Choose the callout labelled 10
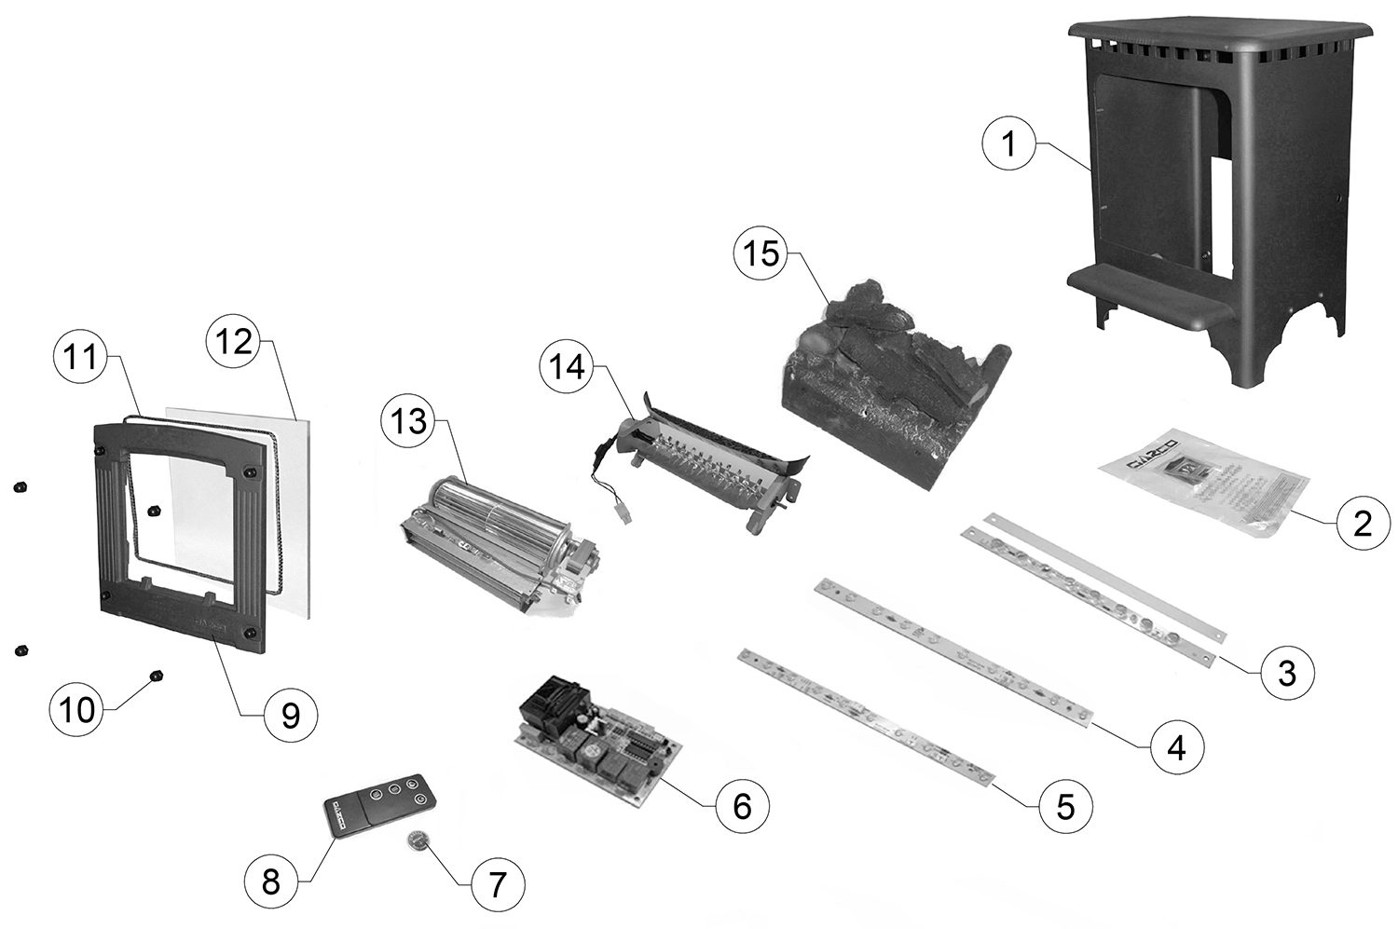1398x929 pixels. pos(78,710)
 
